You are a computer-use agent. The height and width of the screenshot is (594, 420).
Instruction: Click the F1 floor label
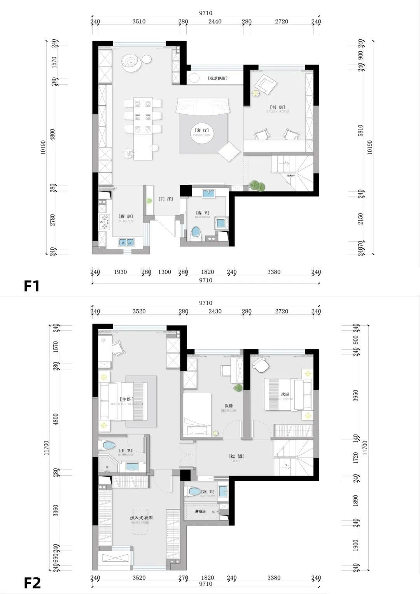click(x=32, y=286)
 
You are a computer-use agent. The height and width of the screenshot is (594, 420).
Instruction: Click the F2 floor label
click(x=32, y=583)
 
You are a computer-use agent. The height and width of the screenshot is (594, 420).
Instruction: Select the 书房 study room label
click(x=278, y=107)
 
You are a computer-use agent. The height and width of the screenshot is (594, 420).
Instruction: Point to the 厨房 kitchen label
click(x=126, y=216)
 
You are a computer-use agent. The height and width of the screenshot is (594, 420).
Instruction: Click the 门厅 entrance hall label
click(x=166, y=199)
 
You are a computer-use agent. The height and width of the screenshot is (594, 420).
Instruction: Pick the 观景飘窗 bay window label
click(x=217, y=78)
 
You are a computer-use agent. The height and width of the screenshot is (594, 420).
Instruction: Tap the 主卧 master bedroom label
click(x=126, y=399)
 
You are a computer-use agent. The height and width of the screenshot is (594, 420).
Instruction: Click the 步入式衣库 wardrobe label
click(x=141, y=518)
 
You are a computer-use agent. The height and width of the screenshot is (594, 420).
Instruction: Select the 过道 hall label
click(x=237, y=456)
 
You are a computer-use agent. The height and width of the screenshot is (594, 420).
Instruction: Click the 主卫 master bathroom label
click(x=125, y=451)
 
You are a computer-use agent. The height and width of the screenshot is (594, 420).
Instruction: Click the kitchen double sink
click(x=126, y=242)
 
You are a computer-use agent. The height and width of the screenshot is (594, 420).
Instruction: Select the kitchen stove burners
click(x=104, y=221)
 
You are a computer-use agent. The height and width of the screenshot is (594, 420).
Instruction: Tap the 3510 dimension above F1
click(x=139, y=21)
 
